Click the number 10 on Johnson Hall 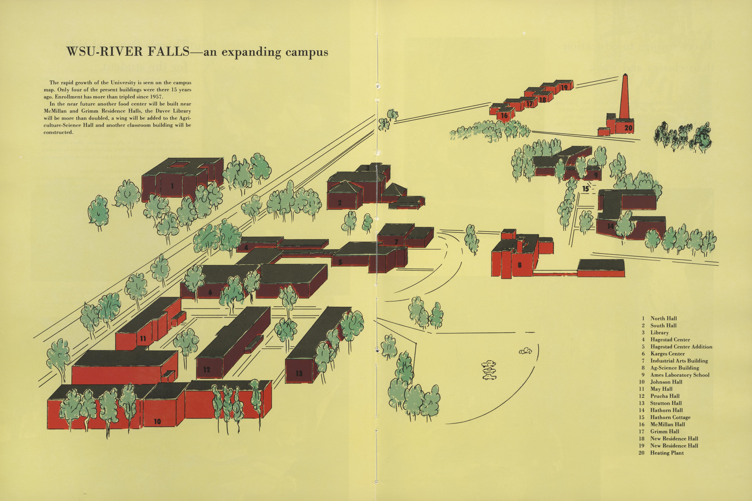click(x=157, y=421)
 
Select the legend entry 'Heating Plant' click(x=667, y=453)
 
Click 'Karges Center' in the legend click(x=668, y=354)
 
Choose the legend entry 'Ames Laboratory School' click(x=680, y=375)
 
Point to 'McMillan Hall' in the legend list click(x=668, y=424)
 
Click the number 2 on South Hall click(x=340, y=203)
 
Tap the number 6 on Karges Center click(x=210, y=292)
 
